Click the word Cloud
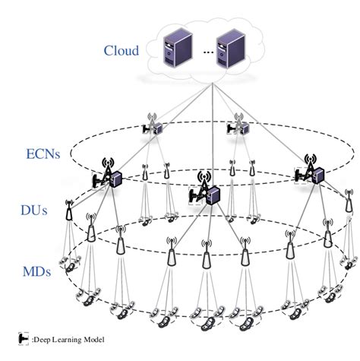122,51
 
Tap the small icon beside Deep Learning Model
21,339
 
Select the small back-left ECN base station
151,126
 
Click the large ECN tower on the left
107,175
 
